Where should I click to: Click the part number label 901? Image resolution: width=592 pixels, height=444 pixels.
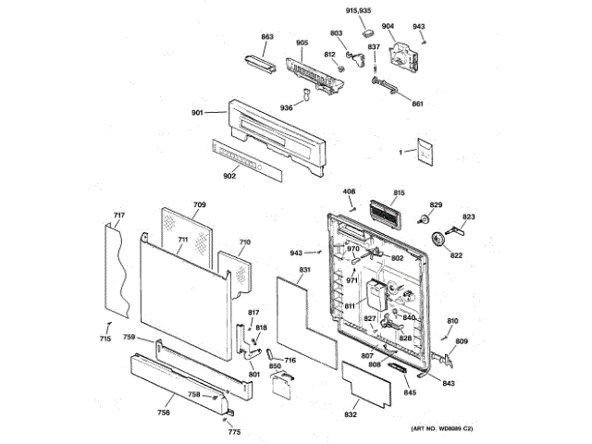[x=197, y=113]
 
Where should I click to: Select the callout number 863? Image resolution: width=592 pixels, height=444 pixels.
[x=267, y=37]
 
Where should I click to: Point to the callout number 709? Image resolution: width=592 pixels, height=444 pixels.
[x=199, y=203]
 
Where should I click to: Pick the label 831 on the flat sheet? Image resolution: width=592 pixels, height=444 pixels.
[x=303, y=270]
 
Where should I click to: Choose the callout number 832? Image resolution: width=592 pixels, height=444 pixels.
[x=351, y=416]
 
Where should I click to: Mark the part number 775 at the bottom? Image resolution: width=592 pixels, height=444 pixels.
[x=234, y=432]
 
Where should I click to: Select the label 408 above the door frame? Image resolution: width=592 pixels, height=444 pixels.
[x=349, y=191]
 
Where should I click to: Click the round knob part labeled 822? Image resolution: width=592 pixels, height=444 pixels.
[x=439, y=240]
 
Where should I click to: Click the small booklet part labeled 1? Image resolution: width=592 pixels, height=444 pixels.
[x=425, y=152]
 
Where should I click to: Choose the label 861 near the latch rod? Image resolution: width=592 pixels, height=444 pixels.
[x=417, y=103]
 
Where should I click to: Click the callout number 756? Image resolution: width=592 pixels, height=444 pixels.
[x=164, y=412]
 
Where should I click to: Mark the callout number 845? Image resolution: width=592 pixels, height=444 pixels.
[x=410, y=393]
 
